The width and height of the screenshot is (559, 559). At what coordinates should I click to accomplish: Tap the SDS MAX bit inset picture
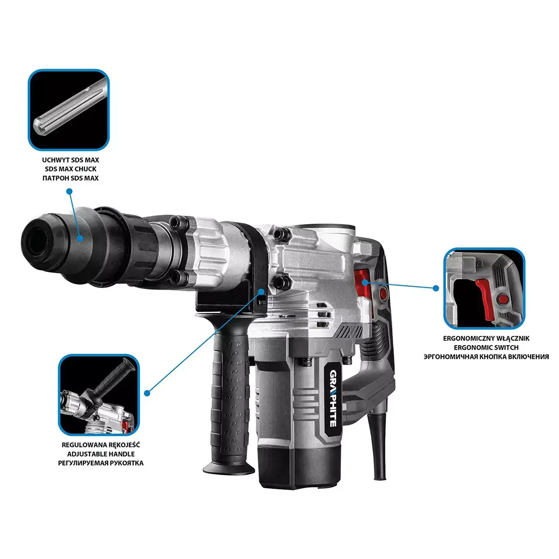(69, 110)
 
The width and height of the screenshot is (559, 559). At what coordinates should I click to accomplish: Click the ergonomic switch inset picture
(484, 288)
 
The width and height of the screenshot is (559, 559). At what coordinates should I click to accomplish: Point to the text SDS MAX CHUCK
(70, 169)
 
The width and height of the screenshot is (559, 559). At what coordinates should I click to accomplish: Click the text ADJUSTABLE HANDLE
(101, 454)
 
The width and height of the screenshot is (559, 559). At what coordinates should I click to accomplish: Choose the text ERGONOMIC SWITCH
(486, 347)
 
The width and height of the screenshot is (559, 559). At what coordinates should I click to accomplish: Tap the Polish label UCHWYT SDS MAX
(70, 160)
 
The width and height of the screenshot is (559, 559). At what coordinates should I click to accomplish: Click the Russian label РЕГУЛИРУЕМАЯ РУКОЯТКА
(101, 463)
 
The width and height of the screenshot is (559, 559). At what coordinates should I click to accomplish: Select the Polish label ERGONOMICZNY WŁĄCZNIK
(486, 338)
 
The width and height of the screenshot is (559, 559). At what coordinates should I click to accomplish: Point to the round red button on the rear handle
(383, 293)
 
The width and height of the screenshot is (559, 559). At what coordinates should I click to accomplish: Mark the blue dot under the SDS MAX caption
(69, 191)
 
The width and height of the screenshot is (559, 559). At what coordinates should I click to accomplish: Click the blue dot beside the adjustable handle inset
(147, 393)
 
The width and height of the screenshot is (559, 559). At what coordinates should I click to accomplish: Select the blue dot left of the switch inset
(436, 288)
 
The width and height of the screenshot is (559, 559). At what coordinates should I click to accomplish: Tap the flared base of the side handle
(229, 468)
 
